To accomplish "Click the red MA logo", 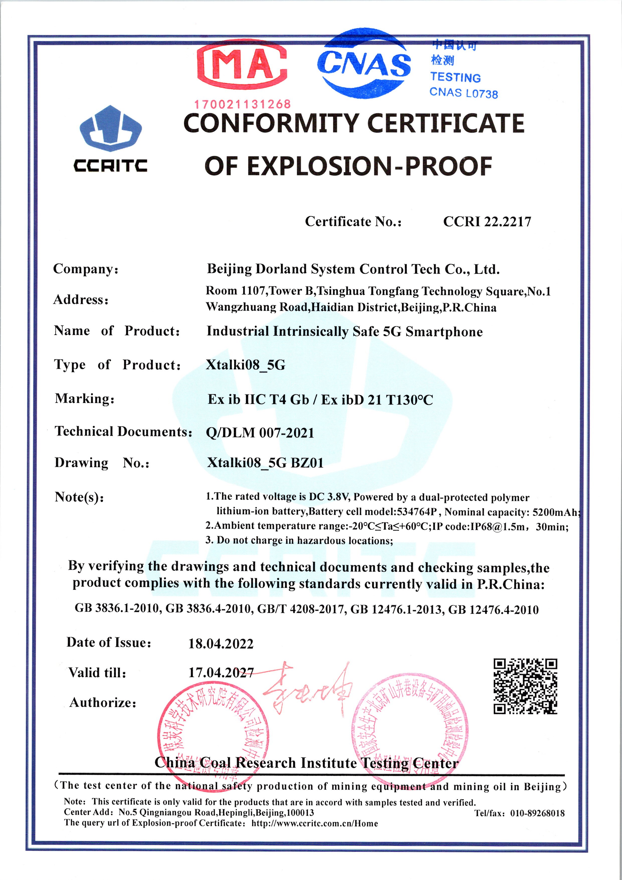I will click(x=242, y=65).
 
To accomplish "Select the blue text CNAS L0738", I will click(x=464, y=93).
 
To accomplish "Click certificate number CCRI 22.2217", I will click(x=487, y=222).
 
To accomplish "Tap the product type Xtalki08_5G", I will click(x=245, y=365).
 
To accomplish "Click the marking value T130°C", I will click(x=409, y=400).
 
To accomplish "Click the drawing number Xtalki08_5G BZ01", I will click(x=265, y=463).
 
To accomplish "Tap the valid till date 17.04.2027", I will click(x=221, y=673).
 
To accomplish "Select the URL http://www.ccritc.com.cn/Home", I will click(x=314, y=824).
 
